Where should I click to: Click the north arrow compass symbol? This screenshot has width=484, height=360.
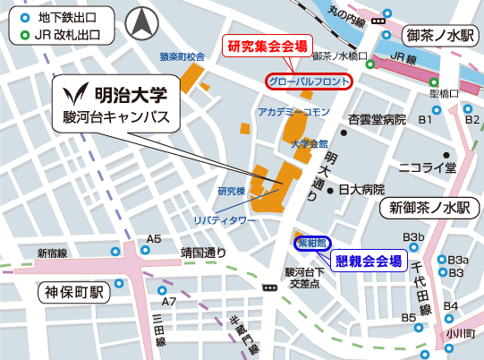tap(140, 23)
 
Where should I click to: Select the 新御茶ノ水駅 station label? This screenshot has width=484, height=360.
tap(429, 208)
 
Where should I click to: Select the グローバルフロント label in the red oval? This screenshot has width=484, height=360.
tap(309, 81)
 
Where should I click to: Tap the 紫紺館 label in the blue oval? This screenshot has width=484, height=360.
tap(314, 242)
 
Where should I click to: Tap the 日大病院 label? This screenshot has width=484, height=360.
tap(361, 190)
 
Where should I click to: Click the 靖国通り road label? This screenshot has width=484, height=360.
tap(203, 253)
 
